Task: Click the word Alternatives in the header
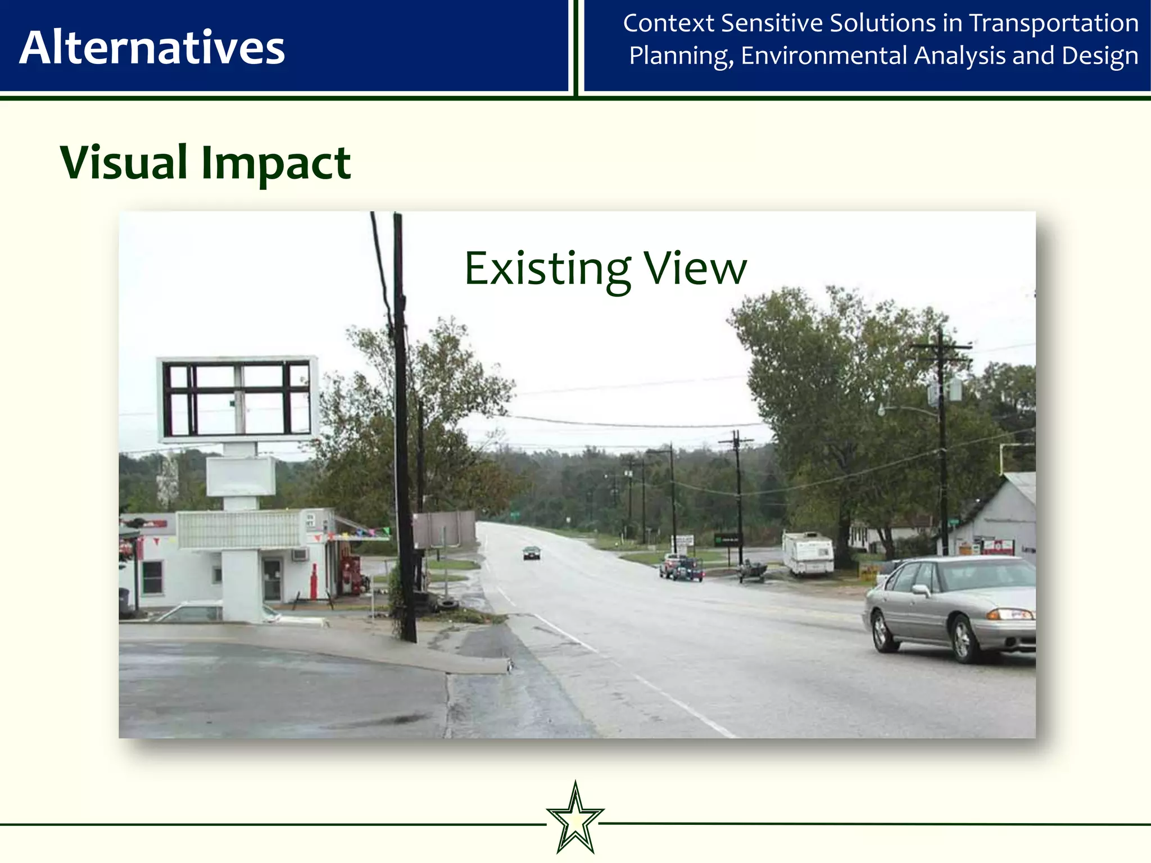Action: tap(152, 48)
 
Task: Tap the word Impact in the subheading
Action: tap(275, 163)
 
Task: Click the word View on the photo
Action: tap(695, 269)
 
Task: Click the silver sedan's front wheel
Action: tap(963, 639)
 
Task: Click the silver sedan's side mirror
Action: tap(921, 589)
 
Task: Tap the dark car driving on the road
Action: tap(531, 553)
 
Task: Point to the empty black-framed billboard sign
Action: tap(237, 398)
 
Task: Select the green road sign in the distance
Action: tap(514, 514)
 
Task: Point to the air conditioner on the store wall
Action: tap(300, 555)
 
